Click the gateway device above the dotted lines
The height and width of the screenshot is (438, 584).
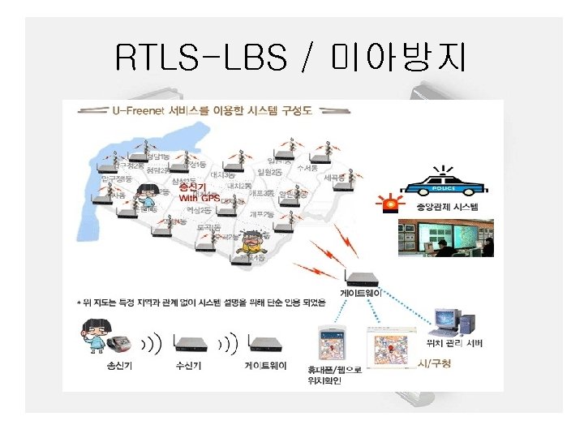click(359, 277)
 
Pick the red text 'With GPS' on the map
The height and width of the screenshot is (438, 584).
click(200, 197)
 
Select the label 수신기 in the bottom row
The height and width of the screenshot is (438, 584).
click(191, 365)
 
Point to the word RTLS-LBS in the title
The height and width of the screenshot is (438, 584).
click(202, 58)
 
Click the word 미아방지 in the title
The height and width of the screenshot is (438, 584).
click(399, 58)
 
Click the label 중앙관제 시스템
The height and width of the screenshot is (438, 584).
click(447, 208)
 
